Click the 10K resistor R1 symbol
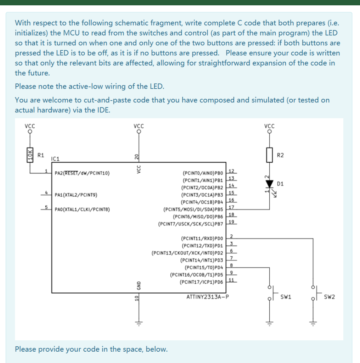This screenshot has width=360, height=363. (30, 155)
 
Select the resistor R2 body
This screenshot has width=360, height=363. (270, 155)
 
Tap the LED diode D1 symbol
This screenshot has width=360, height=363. (270, 184)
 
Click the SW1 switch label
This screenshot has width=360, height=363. (286, 297)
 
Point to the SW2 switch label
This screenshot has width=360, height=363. (329, 297)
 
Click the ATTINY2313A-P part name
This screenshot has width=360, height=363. (208, 297)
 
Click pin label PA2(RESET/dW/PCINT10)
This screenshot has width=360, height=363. (82, 173)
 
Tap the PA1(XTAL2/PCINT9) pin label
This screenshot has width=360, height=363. (76, 195)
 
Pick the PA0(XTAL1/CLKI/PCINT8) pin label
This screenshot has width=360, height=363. (82, 209)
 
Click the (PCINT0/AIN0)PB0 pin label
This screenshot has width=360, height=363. (203, 173)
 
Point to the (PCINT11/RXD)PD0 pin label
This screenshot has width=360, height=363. (202, 239)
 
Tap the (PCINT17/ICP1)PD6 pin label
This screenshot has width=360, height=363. (202, 282)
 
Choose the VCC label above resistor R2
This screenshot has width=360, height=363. (270, 126)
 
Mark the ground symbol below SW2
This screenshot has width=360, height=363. (313, 322)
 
